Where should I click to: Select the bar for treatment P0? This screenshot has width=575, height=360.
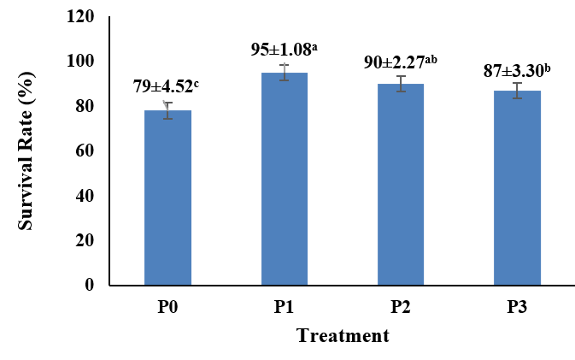(x=167, y=198)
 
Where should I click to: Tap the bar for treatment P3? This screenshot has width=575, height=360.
(x=517, y=188)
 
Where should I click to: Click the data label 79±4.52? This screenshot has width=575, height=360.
(x=167, y=86)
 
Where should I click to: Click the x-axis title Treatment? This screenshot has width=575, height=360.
(x=343, y=335)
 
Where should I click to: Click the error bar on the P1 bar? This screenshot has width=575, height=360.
(x=285, y=73)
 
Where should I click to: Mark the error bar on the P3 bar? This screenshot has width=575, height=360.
(x=517, y=91)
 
